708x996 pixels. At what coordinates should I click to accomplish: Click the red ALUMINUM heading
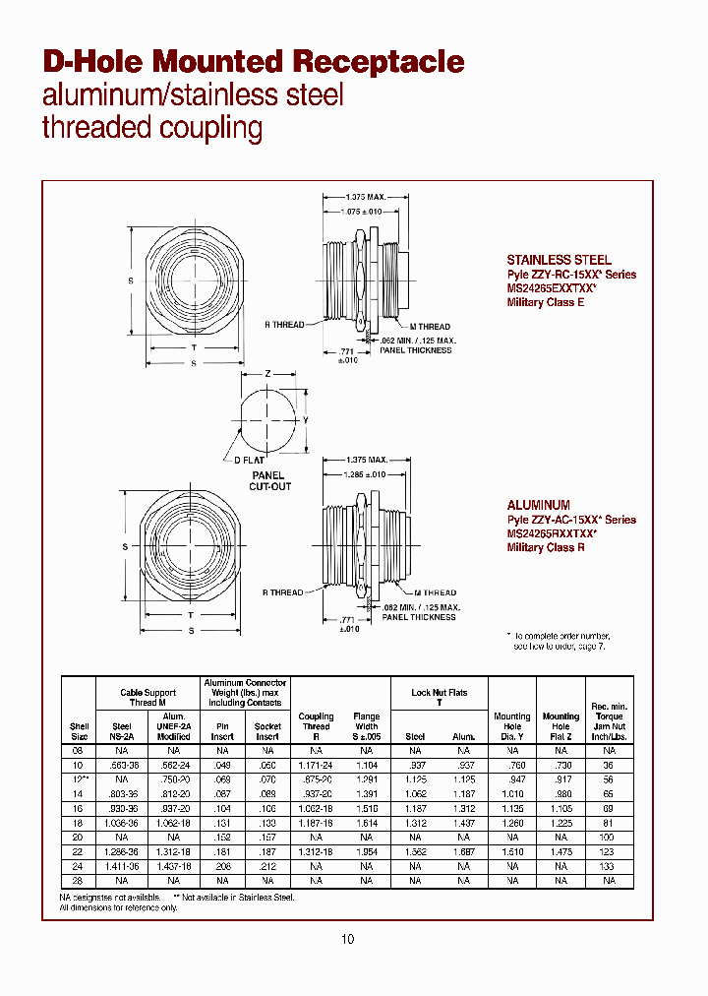[538, 505]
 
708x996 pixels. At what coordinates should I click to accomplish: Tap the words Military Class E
[546, 302]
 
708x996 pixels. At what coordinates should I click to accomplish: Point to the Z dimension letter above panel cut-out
[266, 375]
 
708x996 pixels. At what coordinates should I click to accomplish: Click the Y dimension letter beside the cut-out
[305, 420]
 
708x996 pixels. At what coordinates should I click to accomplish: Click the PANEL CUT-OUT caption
[267, 481]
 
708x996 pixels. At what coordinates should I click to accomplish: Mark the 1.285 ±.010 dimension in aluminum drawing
[365, 474]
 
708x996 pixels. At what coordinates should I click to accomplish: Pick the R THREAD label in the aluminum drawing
[283, 592]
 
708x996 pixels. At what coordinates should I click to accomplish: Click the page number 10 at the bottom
[347, 939]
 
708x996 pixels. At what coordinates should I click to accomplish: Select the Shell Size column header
[80, 730]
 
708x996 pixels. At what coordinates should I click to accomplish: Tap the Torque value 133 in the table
[609, 867]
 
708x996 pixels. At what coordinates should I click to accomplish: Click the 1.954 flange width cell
[366, 852]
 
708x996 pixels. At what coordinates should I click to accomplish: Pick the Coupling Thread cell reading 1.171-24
[316, 765]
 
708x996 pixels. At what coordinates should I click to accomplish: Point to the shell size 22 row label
[80, 852]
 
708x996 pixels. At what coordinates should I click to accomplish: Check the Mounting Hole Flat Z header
[560, 725]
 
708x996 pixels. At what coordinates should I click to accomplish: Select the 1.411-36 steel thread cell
[122, 867]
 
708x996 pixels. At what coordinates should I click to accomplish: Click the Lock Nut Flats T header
[440, 698]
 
